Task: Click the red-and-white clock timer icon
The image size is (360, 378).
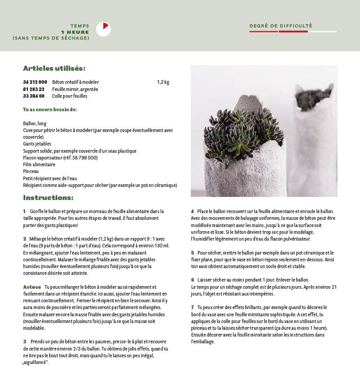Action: tap(103, 29)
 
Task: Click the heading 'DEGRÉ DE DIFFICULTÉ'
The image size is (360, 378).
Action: tap(281, 26)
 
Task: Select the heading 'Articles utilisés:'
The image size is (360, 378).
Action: tap(54, 68)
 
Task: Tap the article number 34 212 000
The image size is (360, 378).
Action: tap(35, 82)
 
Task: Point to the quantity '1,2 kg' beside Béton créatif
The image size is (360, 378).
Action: tap(163, 82)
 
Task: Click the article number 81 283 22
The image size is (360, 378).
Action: tap(34, 89)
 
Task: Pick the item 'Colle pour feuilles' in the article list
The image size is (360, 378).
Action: tap(69, 96)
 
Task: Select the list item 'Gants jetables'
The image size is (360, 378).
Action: tap(37, 144)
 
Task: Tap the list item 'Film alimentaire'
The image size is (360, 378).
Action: tap(39, 164)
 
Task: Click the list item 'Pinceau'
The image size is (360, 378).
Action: tap(31, 171)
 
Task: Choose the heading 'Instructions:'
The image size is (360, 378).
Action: tap(48, 198)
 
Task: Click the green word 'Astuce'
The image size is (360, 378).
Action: tap(32, 287)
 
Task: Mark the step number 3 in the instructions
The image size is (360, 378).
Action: tap(25, 342)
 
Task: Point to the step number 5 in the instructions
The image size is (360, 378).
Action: tap(193, 253)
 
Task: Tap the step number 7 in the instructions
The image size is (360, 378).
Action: tap(193, 307)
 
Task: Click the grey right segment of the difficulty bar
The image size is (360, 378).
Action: tap(322, 32)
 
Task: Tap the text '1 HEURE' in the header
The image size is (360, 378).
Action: tap(75, 32)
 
